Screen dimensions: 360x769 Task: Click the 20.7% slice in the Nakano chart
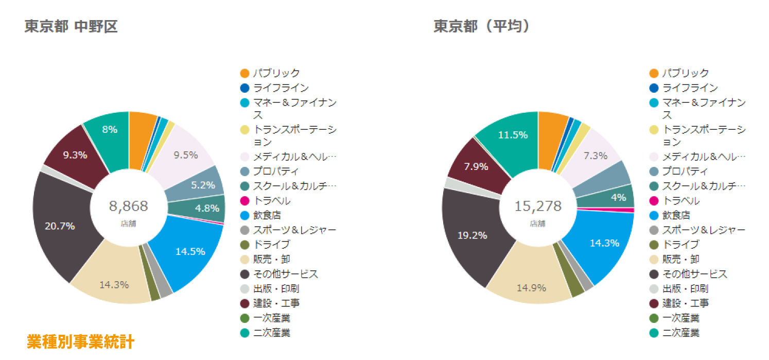60,226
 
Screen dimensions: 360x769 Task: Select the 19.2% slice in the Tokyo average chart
473,235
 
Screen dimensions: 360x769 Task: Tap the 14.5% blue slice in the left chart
190,251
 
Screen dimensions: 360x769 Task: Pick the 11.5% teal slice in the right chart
513,135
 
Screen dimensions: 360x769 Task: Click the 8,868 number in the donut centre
129,207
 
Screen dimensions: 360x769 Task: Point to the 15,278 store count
538,207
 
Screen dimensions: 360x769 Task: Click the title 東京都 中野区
71,27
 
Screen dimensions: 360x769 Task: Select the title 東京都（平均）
482,27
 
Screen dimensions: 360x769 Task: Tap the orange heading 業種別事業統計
80,341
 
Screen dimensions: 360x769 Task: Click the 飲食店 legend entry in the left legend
267,215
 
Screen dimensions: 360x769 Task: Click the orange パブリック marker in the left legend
244,73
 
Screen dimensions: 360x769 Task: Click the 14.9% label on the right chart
531,288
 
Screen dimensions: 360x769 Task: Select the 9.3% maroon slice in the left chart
75,155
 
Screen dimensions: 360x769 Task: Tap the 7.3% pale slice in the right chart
595,155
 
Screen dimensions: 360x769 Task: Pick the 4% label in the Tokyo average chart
619,197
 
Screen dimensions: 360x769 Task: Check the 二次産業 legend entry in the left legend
272,333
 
